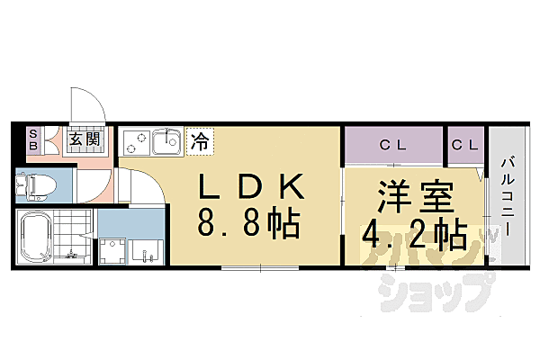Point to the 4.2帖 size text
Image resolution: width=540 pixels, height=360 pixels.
pyautogui.click(x=415, y=236)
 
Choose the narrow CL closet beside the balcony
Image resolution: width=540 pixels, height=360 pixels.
pyautogui.click(x=465, y=144)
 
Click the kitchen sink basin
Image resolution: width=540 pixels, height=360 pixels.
pyautogui.click(x=165, y=141)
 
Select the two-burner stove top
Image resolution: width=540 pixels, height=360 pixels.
pyautogui.click(x=137, y=141)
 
